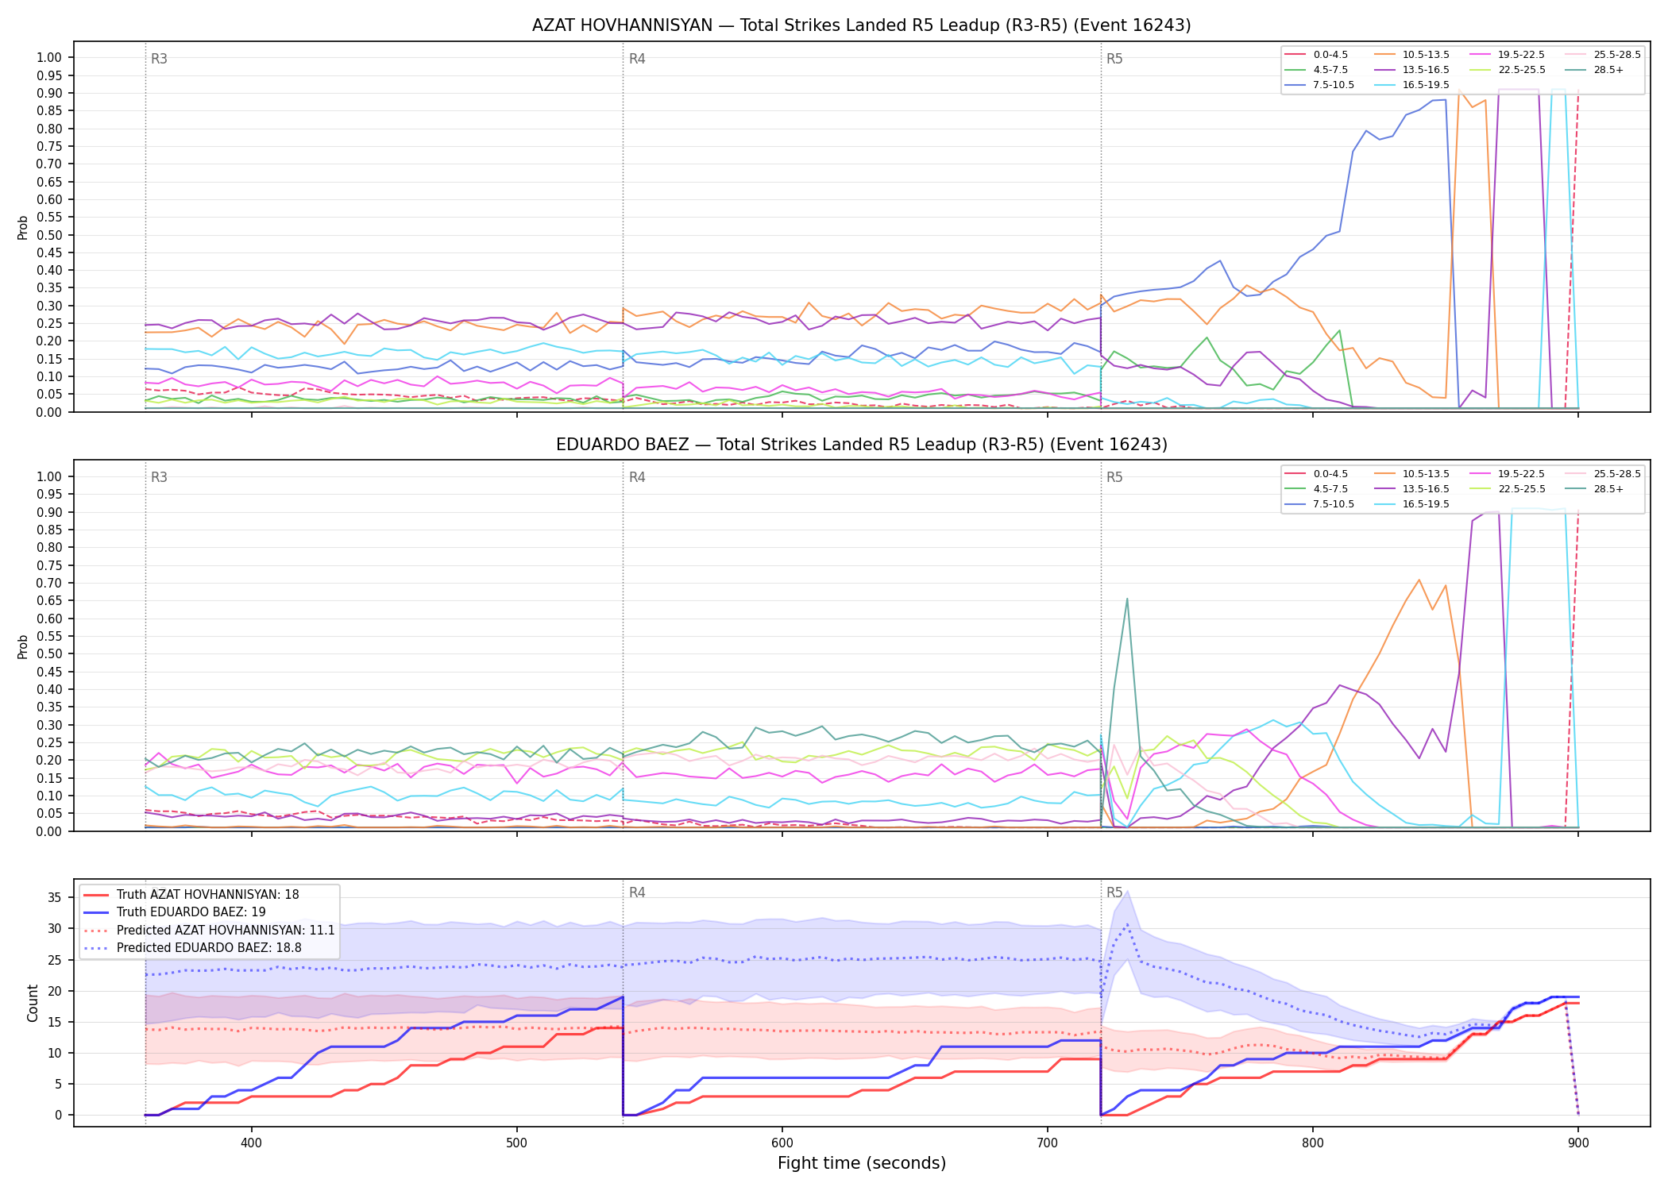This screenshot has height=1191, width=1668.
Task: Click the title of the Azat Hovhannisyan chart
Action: [x=861, y=25]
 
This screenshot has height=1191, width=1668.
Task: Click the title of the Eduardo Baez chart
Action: [x=861, y=445]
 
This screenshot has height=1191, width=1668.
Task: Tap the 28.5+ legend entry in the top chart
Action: [x=1608, y=70]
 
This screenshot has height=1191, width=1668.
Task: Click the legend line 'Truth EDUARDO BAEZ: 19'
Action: [x=191, y=912]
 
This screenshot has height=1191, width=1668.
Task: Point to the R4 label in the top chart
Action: [x=637, y=59]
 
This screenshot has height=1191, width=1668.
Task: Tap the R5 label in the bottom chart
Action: [x=1114, y=892]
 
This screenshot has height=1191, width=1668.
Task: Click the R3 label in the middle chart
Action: [x=159, y=477]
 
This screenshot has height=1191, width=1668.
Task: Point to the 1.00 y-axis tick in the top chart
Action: [x=49, y=57]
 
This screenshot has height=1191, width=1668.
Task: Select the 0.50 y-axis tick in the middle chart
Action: [x=49, y=654]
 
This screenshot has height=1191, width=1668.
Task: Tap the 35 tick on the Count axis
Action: [x=54, y=898]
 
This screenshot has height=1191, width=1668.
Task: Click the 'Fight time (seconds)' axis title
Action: [x=862, y=1163]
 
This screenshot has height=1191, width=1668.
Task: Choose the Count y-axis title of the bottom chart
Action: [x=33, y=1003]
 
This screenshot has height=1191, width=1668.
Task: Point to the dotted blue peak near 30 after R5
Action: [x=1127, y=925]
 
